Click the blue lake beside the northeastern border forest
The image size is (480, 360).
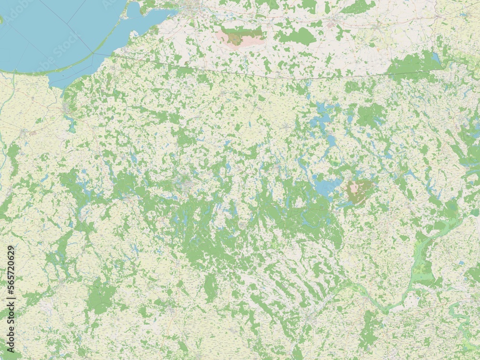[436, 59]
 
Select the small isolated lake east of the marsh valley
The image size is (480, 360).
[461, 263]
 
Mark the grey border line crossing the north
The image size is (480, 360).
[288, 77]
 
